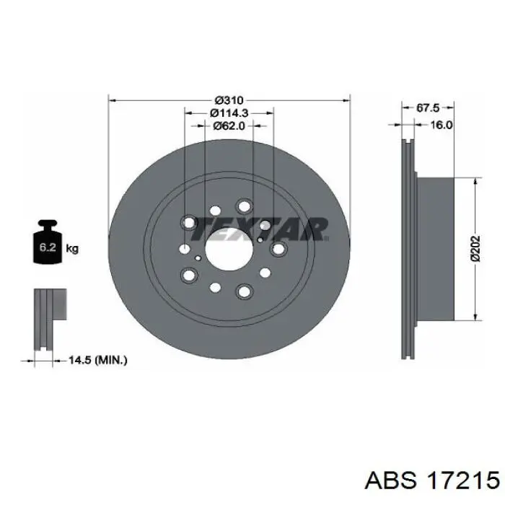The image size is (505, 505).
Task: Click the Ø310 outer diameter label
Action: (229, 100)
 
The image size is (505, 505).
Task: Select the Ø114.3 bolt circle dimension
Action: (229, 113)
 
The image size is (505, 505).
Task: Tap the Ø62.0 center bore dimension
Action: (229, 126)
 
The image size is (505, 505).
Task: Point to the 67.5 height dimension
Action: (428, 108)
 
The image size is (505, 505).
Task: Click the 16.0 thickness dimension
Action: (442, 125)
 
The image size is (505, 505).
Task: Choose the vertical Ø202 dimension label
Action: (475, 249)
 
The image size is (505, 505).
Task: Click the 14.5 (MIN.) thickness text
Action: (98, 360)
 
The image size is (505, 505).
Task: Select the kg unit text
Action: (72, 249)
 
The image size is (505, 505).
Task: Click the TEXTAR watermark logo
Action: (260, 229)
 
